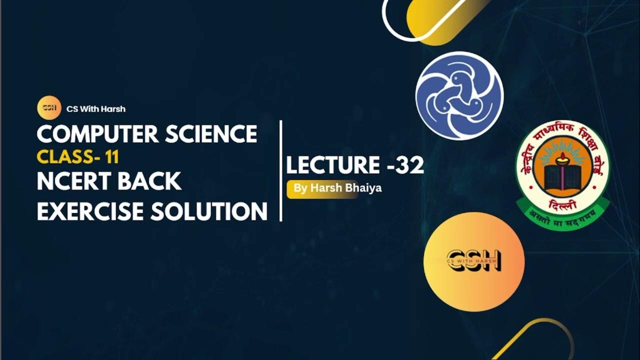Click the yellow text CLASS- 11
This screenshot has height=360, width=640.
pyautogui.click(x=77, y=157)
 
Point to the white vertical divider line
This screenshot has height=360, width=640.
pyautogui.click(x=281, y=170)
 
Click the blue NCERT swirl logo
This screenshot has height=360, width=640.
pyautogui.click(x=459, y=95)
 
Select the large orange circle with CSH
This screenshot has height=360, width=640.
pyautogui.click(x=473, y=261)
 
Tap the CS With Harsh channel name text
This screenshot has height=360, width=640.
pyautogui.click(x=95, y=108)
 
